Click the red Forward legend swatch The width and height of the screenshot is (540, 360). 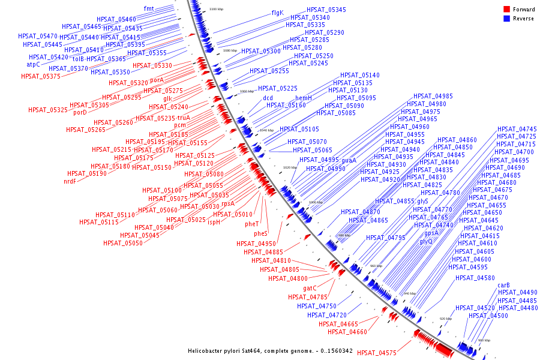[506, 10]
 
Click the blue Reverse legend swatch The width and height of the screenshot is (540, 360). [506, 19]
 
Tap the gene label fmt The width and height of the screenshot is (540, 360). [149, 8]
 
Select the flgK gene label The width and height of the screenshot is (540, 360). [277, 13]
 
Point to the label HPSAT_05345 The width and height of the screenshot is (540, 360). [326, 10]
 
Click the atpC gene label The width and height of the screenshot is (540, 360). [33, 64]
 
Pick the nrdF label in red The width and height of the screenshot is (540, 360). [70, 181]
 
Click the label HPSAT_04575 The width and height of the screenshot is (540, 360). [377, 353]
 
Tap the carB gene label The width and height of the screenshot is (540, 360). [504, 285]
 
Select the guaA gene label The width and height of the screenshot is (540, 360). [349, 160]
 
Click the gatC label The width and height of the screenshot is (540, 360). [310, 289]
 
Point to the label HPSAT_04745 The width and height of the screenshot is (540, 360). [517, 130]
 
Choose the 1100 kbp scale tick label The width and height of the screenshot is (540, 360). [216, 10]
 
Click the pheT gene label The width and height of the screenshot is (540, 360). [252, 224]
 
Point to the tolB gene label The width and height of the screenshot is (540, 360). [79, 59]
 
